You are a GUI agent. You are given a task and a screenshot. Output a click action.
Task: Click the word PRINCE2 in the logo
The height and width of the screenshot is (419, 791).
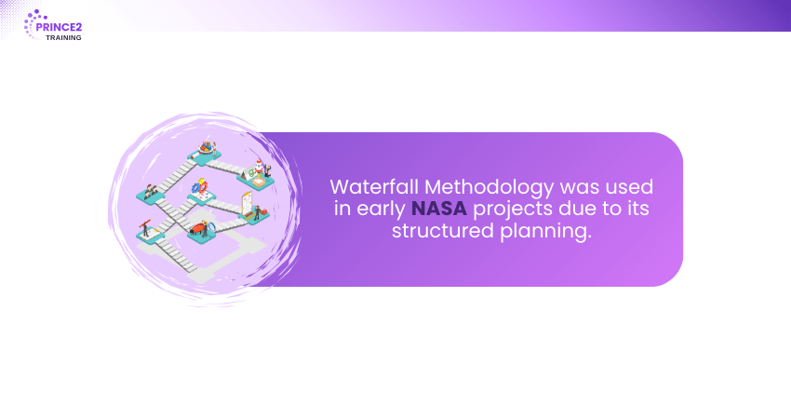tap(59, 27)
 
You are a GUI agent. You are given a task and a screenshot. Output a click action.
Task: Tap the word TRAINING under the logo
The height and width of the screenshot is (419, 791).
tap(63, 38)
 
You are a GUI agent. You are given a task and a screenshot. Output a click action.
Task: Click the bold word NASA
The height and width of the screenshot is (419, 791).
tap(439, 209)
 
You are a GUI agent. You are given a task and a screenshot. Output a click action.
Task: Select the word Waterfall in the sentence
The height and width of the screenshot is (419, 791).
tap(374, 187)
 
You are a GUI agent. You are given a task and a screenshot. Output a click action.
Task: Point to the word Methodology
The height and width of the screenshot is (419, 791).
tap(489, 188)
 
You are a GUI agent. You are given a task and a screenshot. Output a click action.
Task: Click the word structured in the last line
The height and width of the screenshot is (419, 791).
tap(442, 231)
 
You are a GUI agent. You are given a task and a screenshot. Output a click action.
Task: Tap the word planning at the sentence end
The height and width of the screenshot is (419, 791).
tap(545, 232)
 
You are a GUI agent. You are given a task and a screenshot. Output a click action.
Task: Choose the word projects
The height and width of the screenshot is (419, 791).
tap(513, 209)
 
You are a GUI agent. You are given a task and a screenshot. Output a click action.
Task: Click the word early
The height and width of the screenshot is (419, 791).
tap(381, 209)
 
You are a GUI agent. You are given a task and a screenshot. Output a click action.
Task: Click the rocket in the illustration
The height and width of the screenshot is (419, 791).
tap(259, 167)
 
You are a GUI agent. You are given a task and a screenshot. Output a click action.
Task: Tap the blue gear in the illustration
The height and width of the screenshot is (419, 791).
tap(196, 188)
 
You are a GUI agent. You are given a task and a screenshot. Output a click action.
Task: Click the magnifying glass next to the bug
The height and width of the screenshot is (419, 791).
tap(211, 226)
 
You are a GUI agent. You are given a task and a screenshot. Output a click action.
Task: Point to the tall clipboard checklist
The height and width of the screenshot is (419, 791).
tap(247, 203)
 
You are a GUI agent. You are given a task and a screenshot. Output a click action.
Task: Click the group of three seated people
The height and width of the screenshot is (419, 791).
tap(151, 191)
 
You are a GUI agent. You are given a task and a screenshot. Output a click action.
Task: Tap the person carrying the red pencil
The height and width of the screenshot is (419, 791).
tap(145, 229)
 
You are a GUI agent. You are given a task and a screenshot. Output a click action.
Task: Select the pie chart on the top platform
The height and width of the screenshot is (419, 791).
tap(206, 147)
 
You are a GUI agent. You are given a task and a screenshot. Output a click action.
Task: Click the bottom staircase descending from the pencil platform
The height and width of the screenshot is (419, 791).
tap(176, 256)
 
